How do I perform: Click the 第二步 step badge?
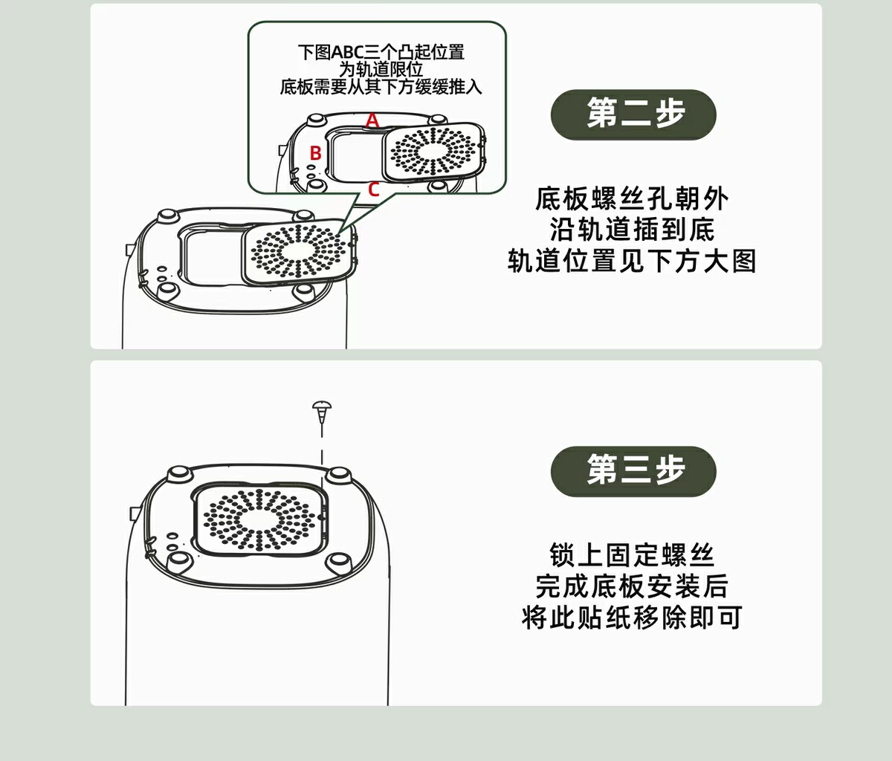pyautogui.click(x=633, y=114)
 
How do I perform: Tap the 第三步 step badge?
pyautogui.click(x=633, y=470)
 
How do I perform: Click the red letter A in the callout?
pyautogui.click(x=372, y=120)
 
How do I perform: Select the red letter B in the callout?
pyautogui.click(x=315, y=153)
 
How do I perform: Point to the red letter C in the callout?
pyautogui.click(x=373, y=190)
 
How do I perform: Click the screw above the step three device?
pyautogui.click(x=322, y=409)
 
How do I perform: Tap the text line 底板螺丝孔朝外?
pyautogui.click(x=632, y=199)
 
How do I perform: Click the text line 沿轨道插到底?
pyautogui.click(x=632, y=230)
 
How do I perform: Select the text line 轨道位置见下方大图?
pyautogui.click(x=632, y=261)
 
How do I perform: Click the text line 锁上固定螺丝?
pyautogui.click(x=632, y=555)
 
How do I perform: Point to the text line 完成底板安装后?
pyautogui.click(x=632, y=586)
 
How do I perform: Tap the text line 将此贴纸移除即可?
pyautogui.click(x=632, y=618)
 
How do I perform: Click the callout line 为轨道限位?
pyautogui.click(x=381, y=69)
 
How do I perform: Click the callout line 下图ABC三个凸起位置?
pyautogui.click(x=381, y=52)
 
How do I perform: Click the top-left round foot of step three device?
pyautogui.click(x=178, y=473)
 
